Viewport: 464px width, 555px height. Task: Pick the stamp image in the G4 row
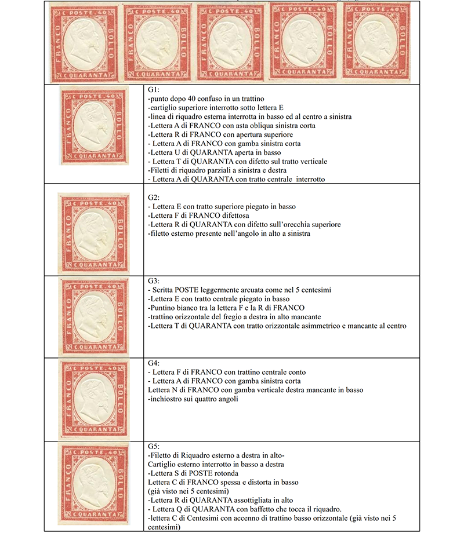point(93,399)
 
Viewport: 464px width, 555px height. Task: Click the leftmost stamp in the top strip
point(84,42)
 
